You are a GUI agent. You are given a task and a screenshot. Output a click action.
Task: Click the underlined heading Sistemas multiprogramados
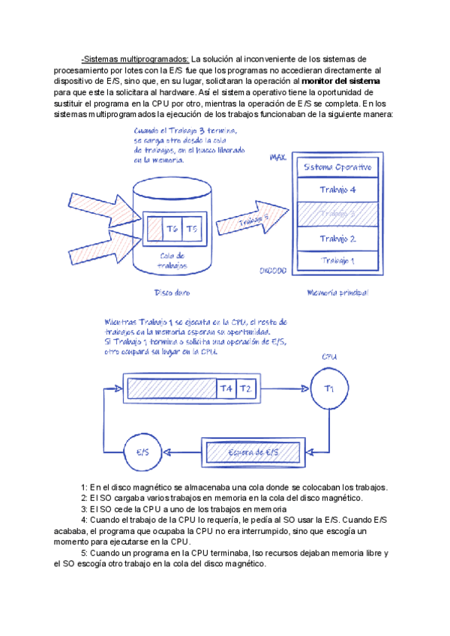click(x=136, y=58)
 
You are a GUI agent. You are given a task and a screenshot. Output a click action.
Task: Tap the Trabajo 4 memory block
click(x=337, y=189)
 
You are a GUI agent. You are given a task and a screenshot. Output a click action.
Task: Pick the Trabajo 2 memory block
click(x=337, y=238)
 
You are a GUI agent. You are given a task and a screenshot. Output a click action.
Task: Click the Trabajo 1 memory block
click(x=337, y=260)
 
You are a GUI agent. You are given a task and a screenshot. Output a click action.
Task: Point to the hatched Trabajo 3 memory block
click(x=337, y=214)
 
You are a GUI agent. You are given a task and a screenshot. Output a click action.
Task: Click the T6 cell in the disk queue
click(x=172, y=229)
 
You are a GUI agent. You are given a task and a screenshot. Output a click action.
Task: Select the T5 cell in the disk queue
click(x=192, y=229)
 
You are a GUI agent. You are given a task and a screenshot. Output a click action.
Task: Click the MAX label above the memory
click(x=278, y=157)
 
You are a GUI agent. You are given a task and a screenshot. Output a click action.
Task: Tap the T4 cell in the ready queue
click(x=226, y=388)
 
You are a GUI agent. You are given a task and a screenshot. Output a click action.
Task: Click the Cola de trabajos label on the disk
click(x=172, y=260)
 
